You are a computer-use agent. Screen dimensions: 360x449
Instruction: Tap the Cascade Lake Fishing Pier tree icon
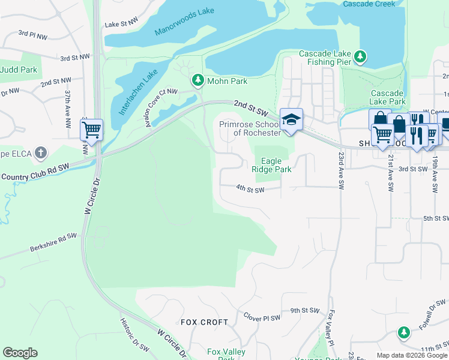tap(360, 57)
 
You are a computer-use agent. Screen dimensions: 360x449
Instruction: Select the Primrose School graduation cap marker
tap(291, 119)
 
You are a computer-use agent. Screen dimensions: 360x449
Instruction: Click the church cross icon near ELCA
tap(41, 152)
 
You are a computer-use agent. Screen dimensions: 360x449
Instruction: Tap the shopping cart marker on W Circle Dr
tap(91, 129)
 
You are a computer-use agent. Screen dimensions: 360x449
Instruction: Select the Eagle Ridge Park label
tap(276, 165)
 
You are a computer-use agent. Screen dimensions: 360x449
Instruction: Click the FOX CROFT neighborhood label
tap(201, 322)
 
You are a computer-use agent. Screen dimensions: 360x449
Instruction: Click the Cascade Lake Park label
tap(387, 97)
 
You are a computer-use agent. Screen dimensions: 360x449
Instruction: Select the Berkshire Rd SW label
tap(53, 243)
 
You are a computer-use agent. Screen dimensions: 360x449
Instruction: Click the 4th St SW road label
tap(250, 190)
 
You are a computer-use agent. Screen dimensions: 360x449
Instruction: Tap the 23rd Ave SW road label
tap(340, 170)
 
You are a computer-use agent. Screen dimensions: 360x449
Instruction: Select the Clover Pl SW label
tap(262, 316)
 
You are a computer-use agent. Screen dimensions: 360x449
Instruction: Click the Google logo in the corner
tap(20, 353)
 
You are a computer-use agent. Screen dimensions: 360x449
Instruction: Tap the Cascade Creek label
tap(369, 4)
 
